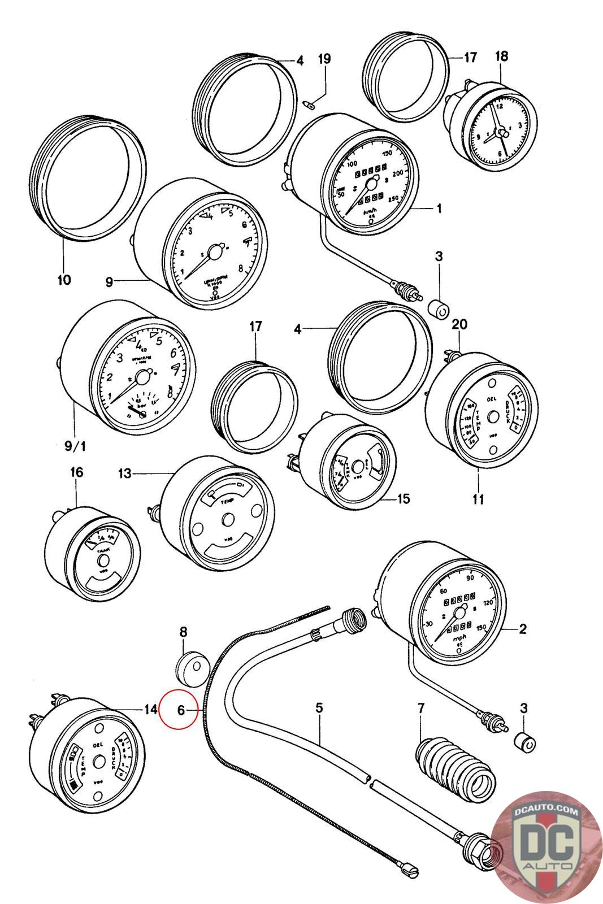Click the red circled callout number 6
click(x=180, y=710)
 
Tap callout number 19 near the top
click(x=324, y=59)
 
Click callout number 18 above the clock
click(x=501, y=56)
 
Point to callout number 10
click(x=64, y=279)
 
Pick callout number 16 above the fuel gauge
click(x=76, y=472)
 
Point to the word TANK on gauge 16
click(x=103, y=550)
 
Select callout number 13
click(x=125, y=473)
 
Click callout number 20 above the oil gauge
click(x=459, y=325)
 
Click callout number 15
click(x=404, y=499)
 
